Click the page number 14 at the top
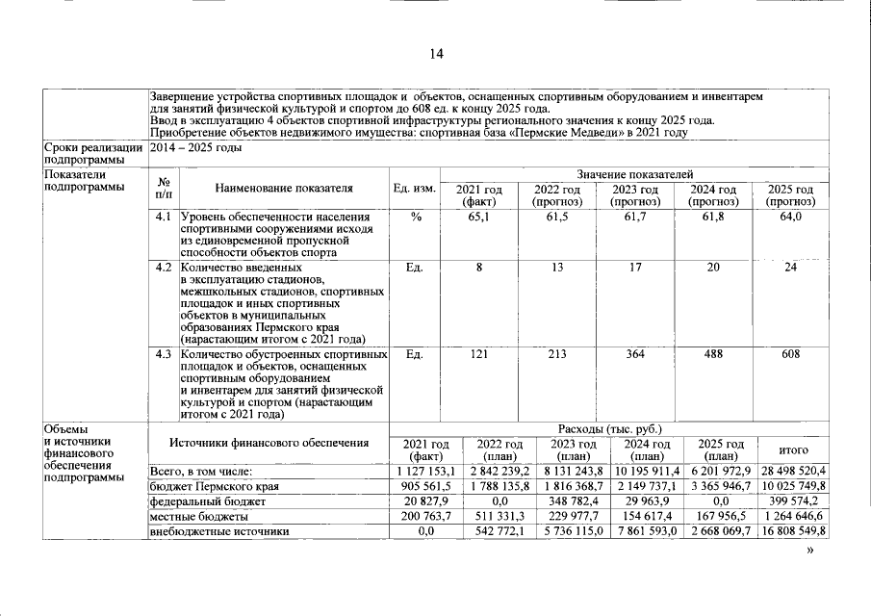436,54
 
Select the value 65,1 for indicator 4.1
478,218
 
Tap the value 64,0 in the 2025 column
790,218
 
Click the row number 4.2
163,267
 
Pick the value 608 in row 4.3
790,354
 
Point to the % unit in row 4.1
416,218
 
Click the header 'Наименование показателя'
284,189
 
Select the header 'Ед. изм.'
416,189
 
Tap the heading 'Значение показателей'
634,173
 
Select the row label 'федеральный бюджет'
206,500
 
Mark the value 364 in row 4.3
635,354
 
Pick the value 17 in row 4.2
635,267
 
